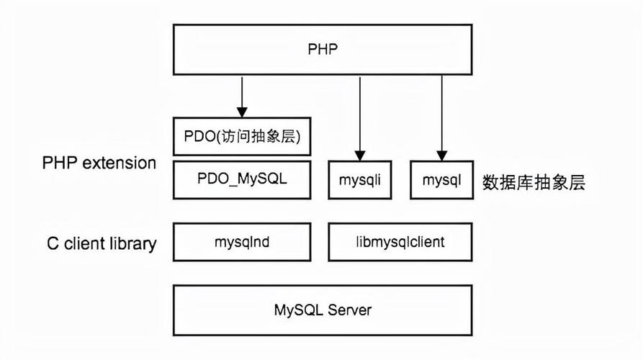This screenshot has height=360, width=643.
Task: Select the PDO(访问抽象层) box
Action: [x=242, y=135]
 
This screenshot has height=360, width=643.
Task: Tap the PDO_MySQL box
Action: [x=242, y=179]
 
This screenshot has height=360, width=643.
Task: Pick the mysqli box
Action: [x=359, y=180]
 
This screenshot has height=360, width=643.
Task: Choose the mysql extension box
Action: [x=441, y=180]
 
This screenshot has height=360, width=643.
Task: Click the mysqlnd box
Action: [x=242, y=242]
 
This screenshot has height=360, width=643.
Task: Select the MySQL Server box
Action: [x=322, y=310]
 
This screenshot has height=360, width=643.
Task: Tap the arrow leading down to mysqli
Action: [x=359, y=115]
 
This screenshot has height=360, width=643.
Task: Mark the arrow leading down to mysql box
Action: [x=441, y=115]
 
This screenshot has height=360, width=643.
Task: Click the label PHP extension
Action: [x=99, y=163]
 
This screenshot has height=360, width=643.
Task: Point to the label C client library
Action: [x=102, y=243]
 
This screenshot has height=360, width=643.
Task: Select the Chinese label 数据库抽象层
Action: [x=534, y=182]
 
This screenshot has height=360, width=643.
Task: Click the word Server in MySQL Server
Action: [x=350, y=310]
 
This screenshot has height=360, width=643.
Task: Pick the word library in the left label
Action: [x=132, y=243]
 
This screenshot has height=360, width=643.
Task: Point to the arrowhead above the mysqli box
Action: [x=359, y=153]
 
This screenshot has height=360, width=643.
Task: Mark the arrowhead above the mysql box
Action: [x=441, y=153]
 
